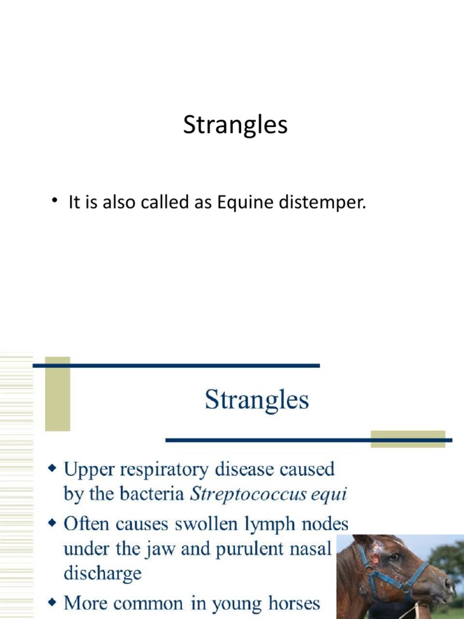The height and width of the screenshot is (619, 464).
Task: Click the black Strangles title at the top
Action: [x=235, y=125]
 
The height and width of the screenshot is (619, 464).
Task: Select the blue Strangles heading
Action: [x=257, y=400]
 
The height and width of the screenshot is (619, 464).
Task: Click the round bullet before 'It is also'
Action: [x=54, y=201]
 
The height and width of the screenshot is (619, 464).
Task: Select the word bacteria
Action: [x=156, y=494]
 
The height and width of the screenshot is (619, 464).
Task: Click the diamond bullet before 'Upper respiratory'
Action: [x=53, y=468]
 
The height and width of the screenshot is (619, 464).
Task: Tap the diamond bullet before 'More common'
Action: [x=53, y=602]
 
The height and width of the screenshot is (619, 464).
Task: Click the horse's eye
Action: [x=395, y=557]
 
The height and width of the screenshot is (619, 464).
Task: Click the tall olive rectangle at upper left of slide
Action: [x=57, y=393]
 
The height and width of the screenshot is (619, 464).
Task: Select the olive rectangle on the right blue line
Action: [x=407, y=439]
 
